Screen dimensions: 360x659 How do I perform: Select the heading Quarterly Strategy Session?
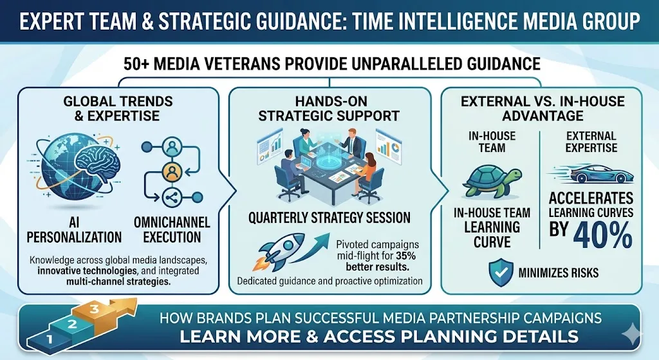[329, 217]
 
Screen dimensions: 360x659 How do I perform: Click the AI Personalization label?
[75, 229]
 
